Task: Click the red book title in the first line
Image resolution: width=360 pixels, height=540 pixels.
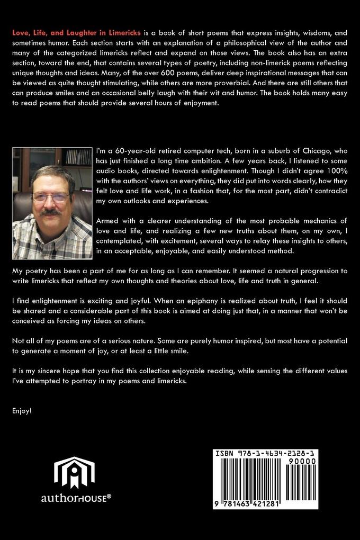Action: tap(76, 33)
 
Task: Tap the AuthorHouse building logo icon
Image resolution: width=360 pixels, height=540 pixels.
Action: tap(74, 472)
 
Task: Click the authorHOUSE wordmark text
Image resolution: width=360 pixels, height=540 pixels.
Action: tap(76, 498)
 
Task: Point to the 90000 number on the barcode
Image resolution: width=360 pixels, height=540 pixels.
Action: tap(302, 461)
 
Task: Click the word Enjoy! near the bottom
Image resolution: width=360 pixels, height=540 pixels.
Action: tap(22, 410)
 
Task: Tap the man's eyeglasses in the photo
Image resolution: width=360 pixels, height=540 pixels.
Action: tap(51, 197)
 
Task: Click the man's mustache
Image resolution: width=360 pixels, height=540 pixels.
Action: tap(52, 212)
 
